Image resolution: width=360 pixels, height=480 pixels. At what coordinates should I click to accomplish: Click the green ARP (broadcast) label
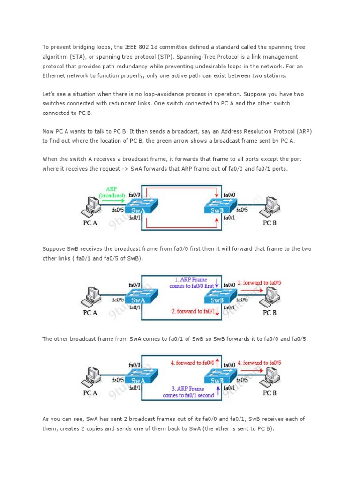(x=112, y=192)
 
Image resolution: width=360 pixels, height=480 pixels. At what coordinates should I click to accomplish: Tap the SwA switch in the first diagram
(x=142, y=206)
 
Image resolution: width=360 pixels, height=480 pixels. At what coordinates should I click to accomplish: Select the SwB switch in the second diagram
(x=220, y=296)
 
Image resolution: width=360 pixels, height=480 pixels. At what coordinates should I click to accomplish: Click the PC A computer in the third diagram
(x=91, y=377)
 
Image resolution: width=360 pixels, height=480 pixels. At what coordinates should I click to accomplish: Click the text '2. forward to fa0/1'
(x=193, y=311)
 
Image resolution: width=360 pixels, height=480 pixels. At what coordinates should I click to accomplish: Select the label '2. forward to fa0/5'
(x=259, y=283)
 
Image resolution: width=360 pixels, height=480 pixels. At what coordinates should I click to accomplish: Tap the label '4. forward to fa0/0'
(x=192, y=363)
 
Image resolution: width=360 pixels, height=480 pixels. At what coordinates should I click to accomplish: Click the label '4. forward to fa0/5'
(x=259, y=363)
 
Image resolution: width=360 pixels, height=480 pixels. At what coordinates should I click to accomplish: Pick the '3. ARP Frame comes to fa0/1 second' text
(x=188, y=392)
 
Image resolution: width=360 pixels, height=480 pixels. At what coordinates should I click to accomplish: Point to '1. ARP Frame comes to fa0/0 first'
(x=192, y=283)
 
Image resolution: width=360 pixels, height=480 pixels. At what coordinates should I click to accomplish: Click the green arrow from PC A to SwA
(x=113, y=201)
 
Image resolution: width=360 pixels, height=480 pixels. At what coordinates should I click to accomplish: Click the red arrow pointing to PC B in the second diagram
(x=252, y=290)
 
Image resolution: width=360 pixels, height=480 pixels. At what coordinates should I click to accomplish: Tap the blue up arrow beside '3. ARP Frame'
(x=218, y=390)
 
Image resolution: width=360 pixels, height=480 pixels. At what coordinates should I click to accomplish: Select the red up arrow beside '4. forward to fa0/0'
(x=217, y=362)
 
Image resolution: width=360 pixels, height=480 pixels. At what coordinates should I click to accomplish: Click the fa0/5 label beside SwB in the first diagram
(x=242, y=210)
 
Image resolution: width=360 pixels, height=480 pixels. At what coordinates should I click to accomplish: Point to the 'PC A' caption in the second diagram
(x=90, y=313)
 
